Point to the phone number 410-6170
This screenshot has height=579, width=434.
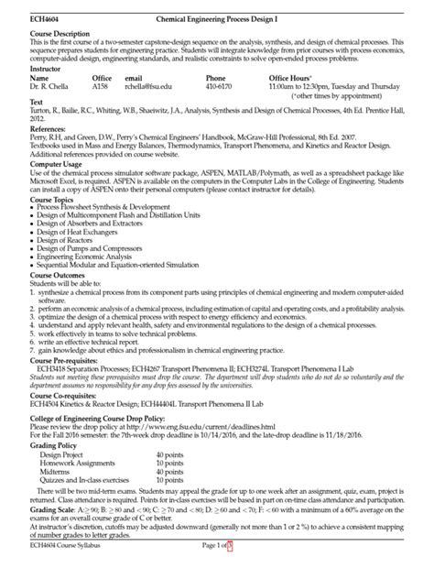(221, 88)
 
